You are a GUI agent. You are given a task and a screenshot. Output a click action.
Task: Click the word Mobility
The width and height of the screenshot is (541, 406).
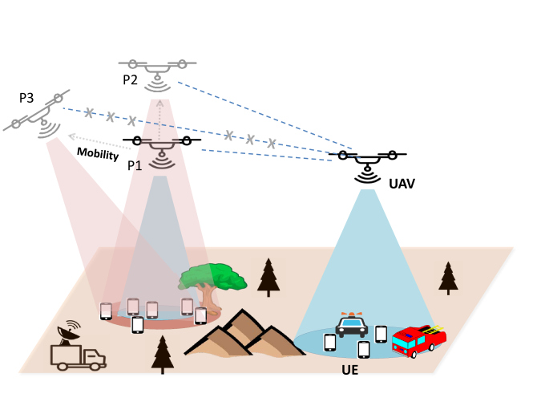click(x=98, y=152)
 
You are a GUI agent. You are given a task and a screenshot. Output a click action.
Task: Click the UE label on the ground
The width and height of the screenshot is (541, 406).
click(x=349, y=372)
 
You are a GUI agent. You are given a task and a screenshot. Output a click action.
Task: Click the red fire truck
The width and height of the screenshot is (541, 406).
click(x=418, y=340)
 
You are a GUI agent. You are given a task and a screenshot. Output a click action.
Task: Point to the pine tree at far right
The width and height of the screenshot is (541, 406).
click(x=448, y=278)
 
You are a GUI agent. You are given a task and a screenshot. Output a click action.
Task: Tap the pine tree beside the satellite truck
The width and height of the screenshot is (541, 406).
click(x=163, y=353)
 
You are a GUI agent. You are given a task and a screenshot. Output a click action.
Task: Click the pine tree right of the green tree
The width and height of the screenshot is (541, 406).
click(x=268, y=277)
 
